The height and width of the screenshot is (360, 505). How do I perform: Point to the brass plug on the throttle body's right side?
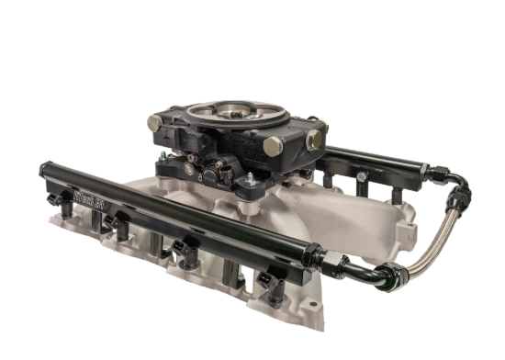(x=315, y=140)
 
